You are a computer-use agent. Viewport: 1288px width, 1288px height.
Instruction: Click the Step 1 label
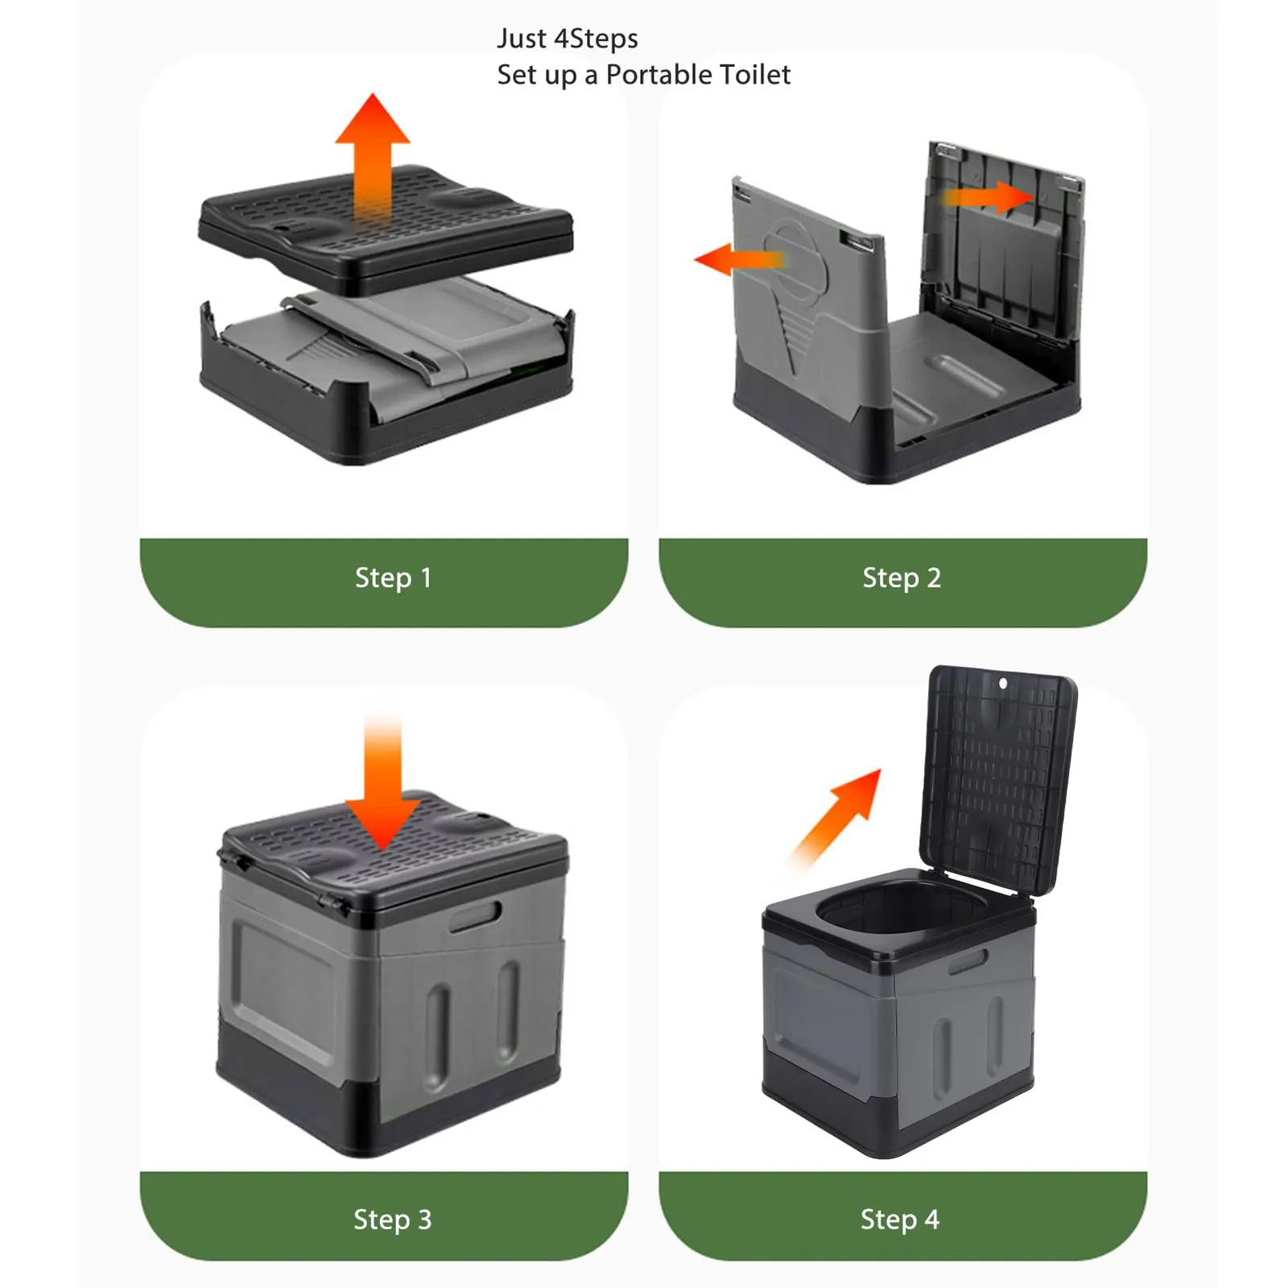tap(393, 577)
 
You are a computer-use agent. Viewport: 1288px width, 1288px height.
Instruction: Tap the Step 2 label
tap(902, 577)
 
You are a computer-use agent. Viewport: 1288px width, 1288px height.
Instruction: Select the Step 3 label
tap(393, 1219)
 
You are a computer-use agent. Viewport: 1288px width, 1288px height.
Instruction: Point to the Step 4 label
tap(900, 1219)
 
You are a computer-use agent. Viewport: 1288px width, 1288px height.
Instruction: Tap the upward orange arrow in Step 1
tap(373, 157)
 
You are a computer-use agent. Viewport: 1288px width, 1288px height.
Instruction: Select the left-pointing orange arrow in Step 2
tap(738, 259)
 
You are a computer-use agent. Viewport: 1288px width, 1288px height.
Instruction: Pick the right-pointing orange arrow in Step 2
tap(989, 196)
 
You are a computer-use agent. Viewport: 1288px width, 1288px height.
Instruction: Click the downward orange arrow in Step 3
tap(382, 781)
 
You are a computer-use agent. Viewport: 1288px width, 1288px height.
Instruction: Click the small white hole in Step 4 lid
tap(1003, 683)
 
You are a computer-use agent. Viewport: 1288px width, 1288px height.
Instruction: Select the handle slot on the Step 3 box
tap(475, 916)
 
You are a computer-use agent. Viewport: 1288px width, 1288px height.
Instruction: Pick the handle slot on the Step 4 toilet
tap(968, 961)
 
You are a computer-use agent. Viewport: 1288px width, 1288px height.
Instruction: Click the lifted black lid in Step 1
tap(386, 229)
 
